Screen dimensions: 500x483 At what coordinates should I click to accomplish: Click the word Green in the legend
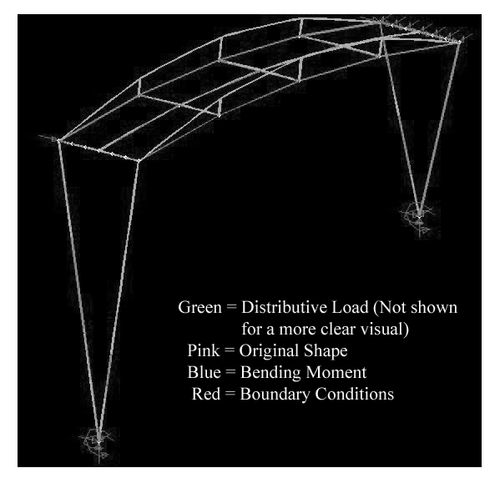click(199, 308)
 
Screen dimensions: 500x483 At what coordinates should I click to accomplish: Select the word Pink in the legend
click(204, 350)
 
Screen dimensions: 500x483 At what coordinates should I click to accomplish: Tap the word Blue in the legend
click(204, 372)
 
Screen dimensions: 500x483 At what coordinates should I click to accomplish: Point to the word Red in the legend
click(206, 394)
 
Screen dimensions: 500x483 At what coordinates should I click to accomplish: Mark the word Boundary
click(275, 395)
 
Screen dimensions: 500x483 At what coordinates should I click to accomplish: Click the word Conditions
click(355, 394)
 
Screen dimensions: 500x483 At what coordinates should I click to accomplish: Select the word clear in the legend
click(336, 330)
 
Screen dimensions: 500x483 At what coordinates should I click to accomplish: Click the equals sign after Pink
click(230, 351)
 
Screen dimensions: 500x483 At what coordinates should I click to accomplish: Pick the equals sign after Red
click(230, 395)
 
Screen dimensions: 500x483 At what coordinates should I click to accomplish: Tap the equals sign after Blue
click(230, 373)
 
